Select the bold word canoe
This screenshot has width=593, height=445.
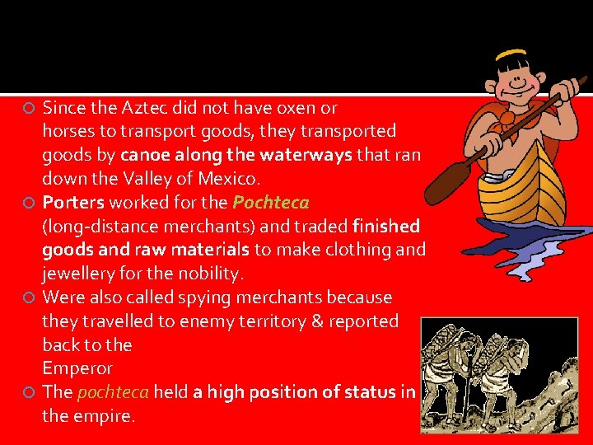pyautogui.click(x=143, y=155)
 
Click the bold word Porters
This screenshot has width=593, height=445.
pyautogui.click(x=73, y=202)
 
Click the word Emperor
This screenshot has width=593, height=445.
pyautogui.click(x=77, y=368)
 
